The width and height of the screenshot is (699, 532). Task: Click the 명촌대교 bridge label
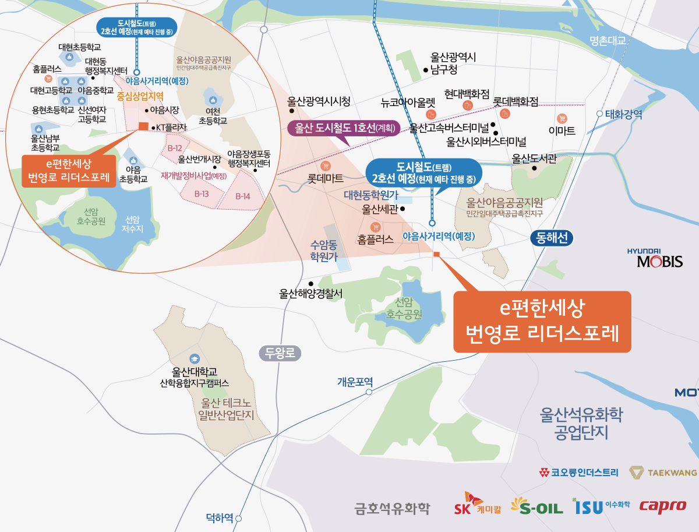coord(607,41)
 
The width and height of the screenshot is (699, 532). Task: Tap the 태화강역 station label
coord(623,115)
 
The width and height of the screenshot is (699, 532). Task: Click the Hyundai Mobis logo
coord(655,258)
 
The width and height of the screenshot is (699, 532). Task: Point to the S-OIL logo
coord(536,506)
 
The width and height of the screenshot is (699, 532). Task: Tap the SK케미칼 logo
coord(477,505)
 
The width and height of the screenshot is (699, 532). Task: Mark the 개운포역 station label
coord(355,382)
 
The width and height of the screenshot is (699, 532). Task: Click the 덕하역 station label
coord(220,517)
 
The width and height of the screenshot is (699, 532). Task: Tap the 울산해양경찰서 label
coord(311,294)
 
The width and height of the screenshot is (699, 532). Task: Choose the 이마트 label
coord(562,130)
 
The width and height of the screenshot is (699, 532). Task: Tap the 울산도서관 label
coord(535,158)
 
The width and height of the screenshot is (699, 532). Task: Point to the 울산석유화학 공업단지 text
coord(581,424)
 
